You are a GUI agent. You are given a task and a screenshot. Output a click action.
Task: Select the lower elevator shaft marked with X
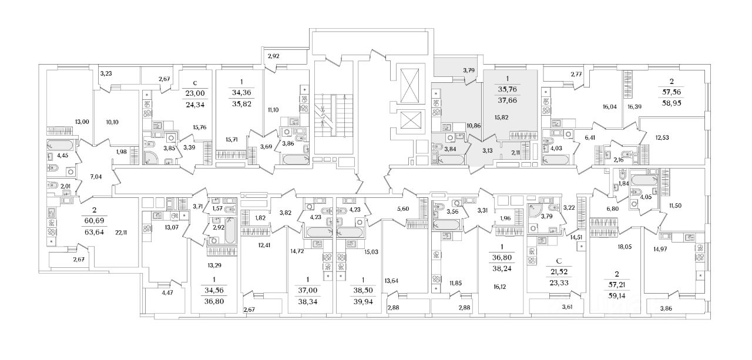click(409, 120)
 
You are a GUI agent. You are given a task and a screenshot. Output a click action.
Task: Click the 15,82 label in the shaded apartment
click(501, 117)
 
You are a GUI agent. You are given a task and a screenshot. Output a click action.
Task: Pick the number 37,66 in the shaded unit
click(508, 102)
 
